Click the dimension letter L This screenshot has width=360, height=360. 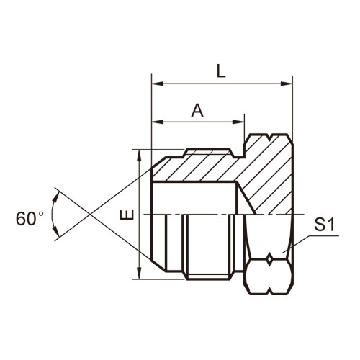click(x=221, y=71)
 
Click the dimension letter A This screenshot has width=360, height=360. click(x=197, y=111)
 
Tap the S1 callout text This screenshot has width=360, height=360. click(x=324, y=225)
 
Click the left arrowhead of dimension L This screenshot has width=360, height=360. click(x=158, y=84)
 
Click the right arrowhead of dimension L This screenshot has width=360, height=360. click(x=287, y=84)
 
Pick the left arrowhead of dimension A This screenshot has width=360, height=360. click(x=158, y=122)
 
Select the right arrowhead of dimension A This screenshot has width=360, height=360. click(x=238, y=122)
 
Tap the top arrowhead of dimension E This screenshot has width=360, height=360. click(x=139, y=155)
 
